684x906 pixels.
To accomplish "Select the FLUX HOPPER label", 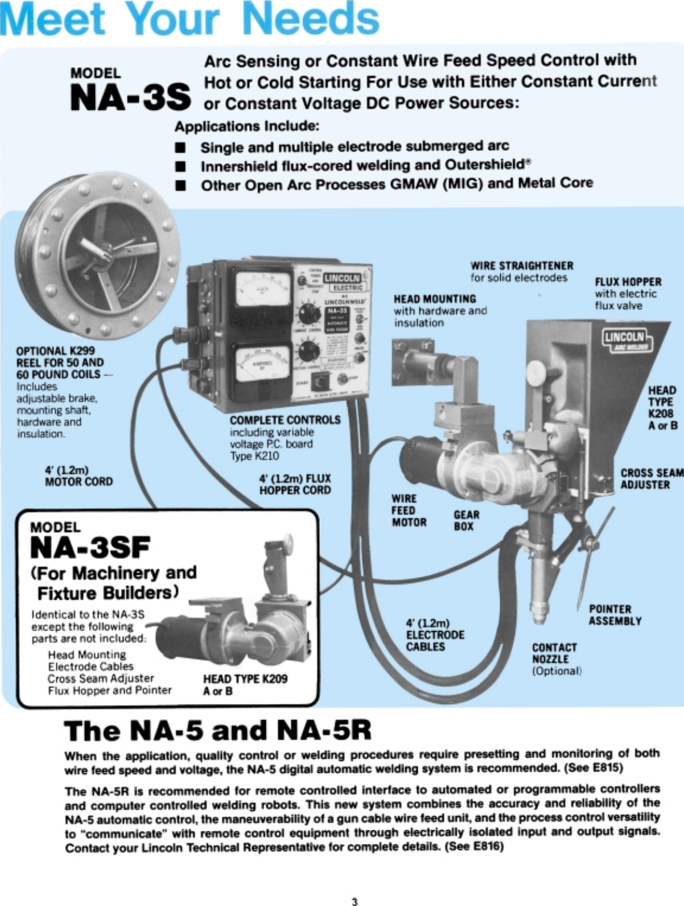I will pyautogui.click(x=628, y=282).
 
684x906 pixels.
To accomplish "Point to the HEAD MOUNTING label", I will pyautogui.click(x=435, y=299).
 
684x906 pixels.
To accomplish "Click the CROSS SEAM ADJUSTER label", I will pyautogui.click(x=652, y=479).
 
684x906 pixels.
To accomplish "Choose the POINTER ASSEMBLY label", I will pyautogui.click(x=615, y=615).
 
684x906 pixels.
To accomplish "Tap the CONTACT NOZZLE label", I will pyautogui.click(x=554, y=653).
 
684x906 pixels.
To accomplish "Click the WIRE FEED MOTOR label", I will pyautogui.click(x=408, y=510).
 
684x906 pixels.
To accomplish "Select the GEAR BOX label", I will pyautogui.click(x=466, y=520).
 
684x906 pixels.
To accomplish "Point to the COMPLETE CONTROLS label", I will pyautogui.click(x=285, y=420).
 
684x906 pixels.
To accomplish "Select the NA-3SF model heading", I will pyautogui.click(x=90, y=548).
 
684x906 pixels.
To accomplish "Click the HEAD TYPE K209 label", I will pyautogui.click(x=245, y=679).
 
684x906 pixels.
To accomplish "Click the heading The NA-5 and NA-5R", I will pyautogui.click(x=217, y=731).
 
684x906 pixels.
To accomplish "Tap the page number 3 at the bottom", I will pyautogui.click(x=354, y=901).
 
